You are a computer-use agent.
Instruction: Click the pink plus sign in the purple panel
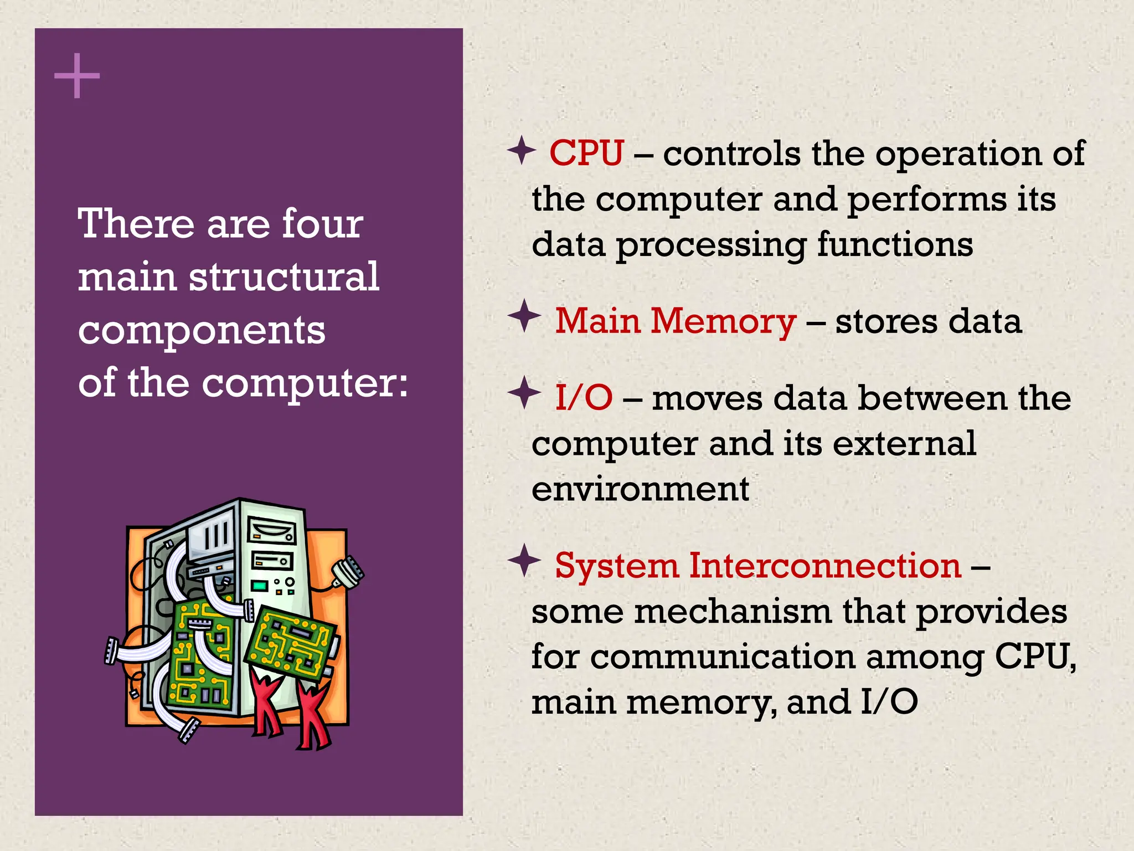(x=77, y=76)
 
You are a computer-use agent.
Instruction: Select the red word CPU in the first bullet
(x=586, y=153)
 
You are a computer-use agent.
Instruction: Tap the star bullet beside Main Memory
(x=524, y=316)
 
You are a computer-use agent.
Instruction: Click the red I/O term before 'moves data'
(x=584, y=398)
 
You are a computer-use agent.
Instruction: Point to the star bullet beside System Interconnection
(x=524, y=560)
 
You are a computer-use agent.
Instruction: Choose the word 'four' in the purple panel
(x=322, y=224)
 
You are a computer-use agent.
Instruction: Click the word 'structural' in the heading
(x=284, y=276)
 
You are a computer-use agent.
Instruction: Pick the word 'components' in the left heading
(x=202, y=331)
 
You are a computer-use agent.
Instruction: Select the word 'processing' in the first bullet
(x=711, y=245)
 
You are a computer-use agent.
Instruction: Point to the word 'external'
(x=904, y=443)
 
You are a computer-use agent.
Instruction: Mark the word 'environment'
(x=640, y=489)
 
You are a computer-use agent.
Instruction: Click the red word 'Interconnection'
(x=825, y=566)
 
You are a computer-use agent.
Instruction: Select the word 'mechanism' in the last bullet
(x=733, y=612)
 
